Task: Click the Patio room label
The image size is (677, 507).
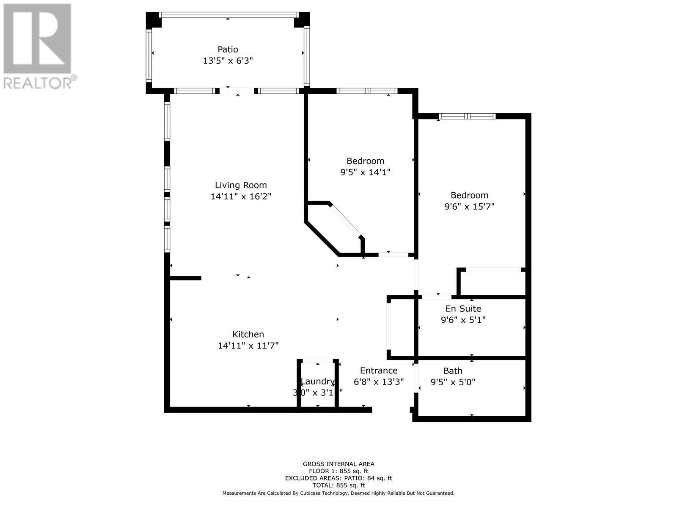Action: [228, 49]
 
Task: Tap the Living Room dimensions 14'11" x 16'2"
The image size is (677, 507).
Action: [241, 196]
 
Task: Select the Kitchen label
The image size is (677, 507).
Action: [248, 334]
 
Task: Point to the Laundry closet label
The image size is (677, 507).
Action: [317, 382]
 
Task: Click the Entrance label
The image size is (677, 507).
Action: [379, 371]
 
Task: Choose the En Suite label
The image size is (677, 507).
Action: [463, 308]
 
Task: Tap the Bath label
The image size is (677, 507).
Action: [453, 371]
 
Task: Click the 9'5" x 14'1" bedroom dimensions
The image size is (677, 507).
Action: [365, 172]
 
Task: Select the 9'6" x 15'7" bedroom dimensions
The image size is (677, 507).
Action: [469, 207]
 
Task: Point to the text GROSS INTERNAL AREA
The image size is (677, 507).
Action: [338, 464]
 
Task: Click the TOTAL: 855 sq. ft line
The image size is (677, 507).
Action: [338, 485]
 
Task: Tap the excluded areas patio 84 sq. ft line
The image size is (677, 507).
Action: [338, 478]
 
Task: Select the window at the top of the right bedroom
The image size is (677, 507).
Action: [467, 116]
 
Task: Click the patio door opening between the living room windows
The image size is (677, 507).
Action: [237, 90]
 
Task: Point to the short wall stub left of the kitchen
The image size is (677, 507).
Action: [185, 278]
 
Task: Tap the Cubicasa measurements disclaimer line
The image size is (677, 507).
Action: [338, 493]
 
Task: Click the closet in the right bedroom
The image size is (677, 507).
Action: [493, 282]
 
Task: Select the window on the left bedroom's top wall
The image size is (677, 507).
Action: [367, 91]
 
